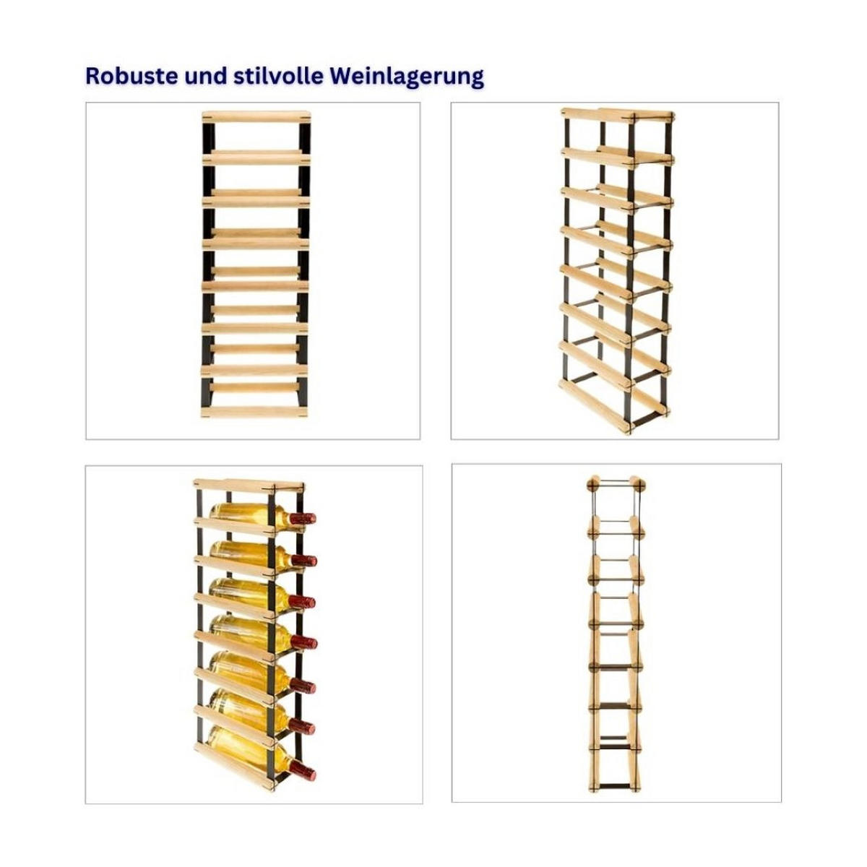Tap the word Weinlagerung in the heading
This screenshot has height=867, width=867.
coord(407,77)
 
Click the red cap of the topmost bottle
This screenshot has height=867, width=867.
coord(302,519)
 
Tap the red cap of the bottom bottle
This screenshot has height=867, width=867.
coord(302,771)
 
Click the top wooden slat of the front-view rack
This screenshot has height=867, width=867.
coord(256,118)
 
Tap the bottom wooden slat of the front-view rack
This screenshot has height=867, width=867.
coord(254,411)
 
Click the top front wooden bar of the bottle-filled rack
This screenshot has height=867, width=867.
coord(235,486)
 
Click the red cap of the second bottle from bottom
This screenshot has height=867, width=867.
coord(301,727)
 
